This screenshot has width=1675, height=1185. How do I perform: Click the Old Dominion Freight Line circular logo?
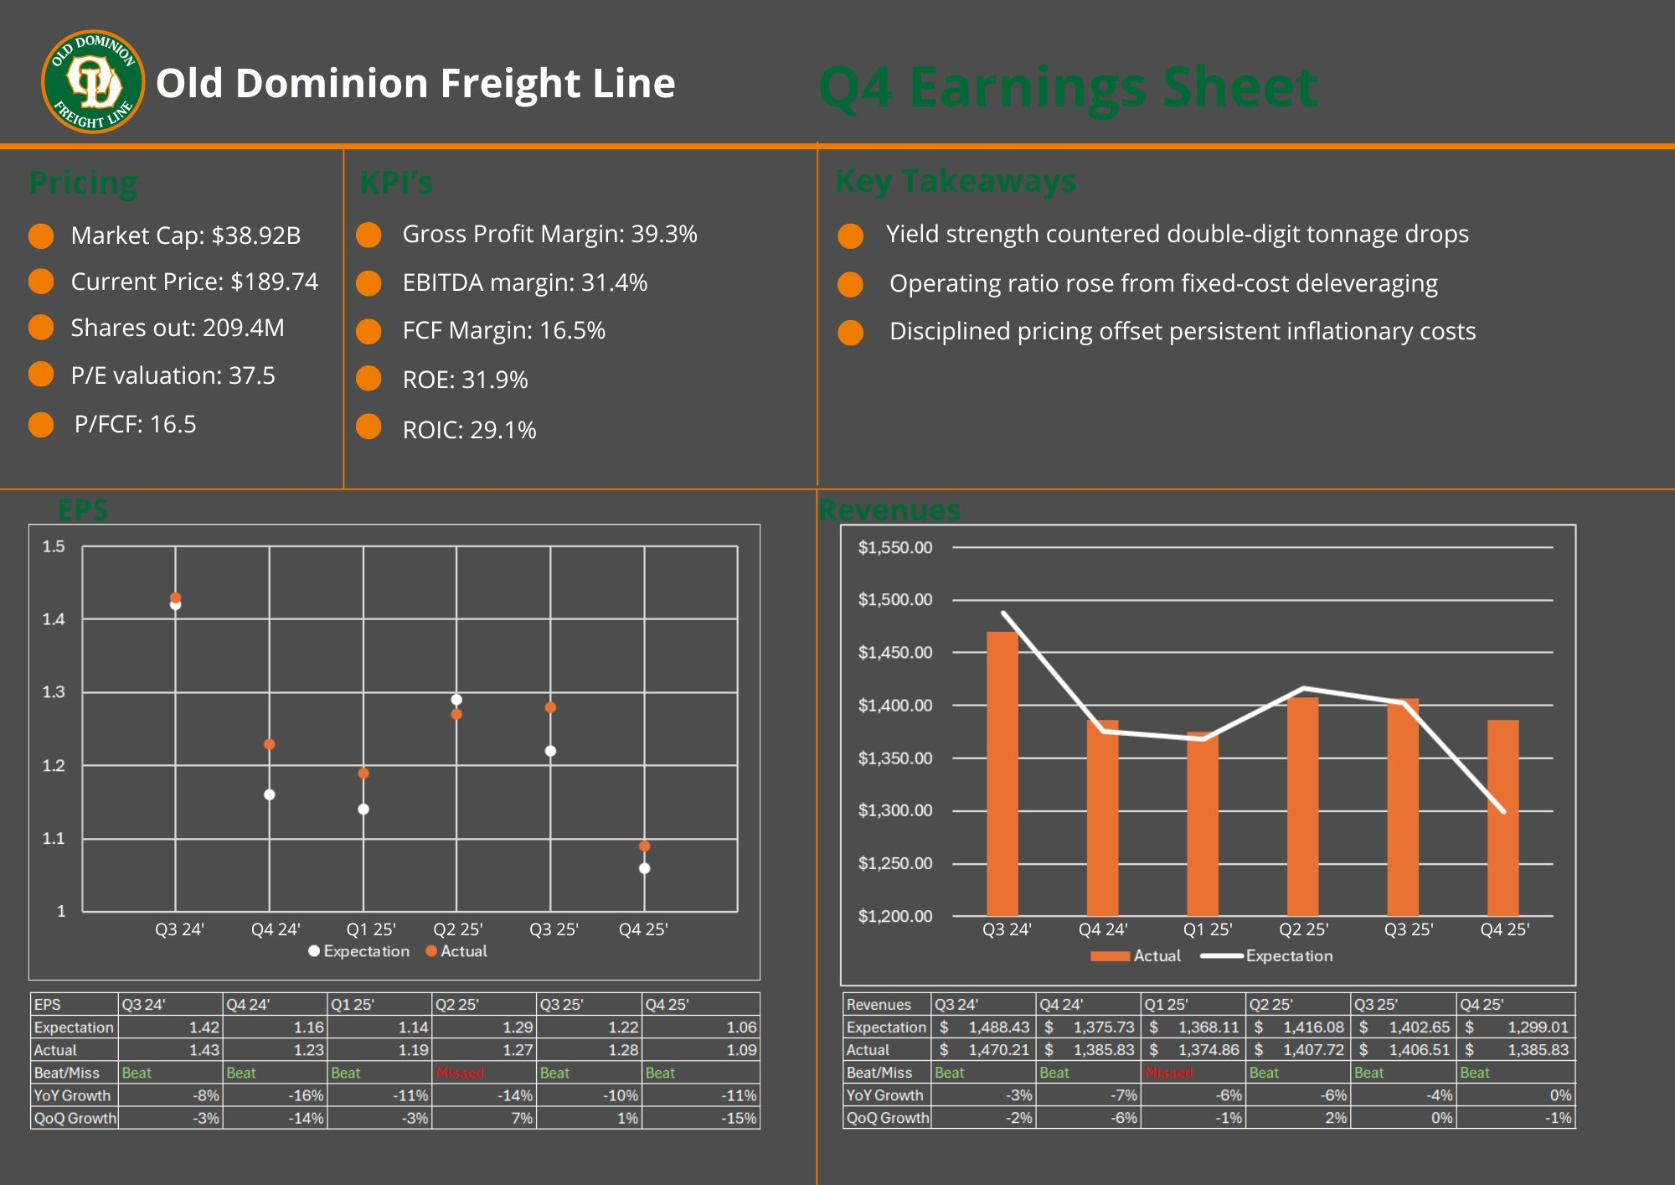pos(93,82)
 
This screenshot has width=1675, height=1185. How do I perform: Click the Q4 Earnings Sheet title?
pos(1068,87)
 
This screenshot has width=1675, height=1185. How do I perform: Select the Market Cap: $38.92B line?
pos(185,235)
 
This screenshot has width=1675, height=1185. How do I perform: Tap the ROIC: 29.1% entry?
pos(469,430)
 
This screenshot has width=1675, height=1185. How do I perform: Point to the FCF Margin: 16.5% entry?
pos(503,330)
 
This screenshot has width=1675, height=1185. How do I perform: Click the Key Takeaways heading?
pos(956,181)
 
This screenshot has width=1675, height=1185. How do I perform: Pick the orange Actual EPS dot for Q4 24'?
pos(270,744)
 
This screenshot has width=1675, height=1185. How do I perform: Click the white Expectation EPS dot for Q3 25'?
pos(550,751)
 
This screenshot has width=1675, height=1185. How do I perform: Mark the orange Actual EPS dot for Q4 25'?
pos(644,846)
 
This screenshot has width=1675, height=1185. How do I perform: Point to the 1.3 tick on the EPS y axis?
pos(54,692)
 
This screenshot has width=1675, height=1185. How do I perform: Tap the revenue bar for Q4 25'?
pos(1502,817)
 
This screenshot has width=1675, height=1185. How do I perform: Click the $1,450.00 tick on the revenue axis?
pos(894,653)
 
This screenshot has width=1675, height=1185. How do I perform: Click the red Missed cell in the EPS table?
pos(460,1073)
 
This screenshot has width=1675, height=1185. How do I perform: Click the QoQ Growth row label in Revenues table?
pos(887,1118)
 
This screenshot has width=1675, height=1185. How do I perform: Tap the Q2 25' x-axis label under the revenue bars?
pos(1303,929)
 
